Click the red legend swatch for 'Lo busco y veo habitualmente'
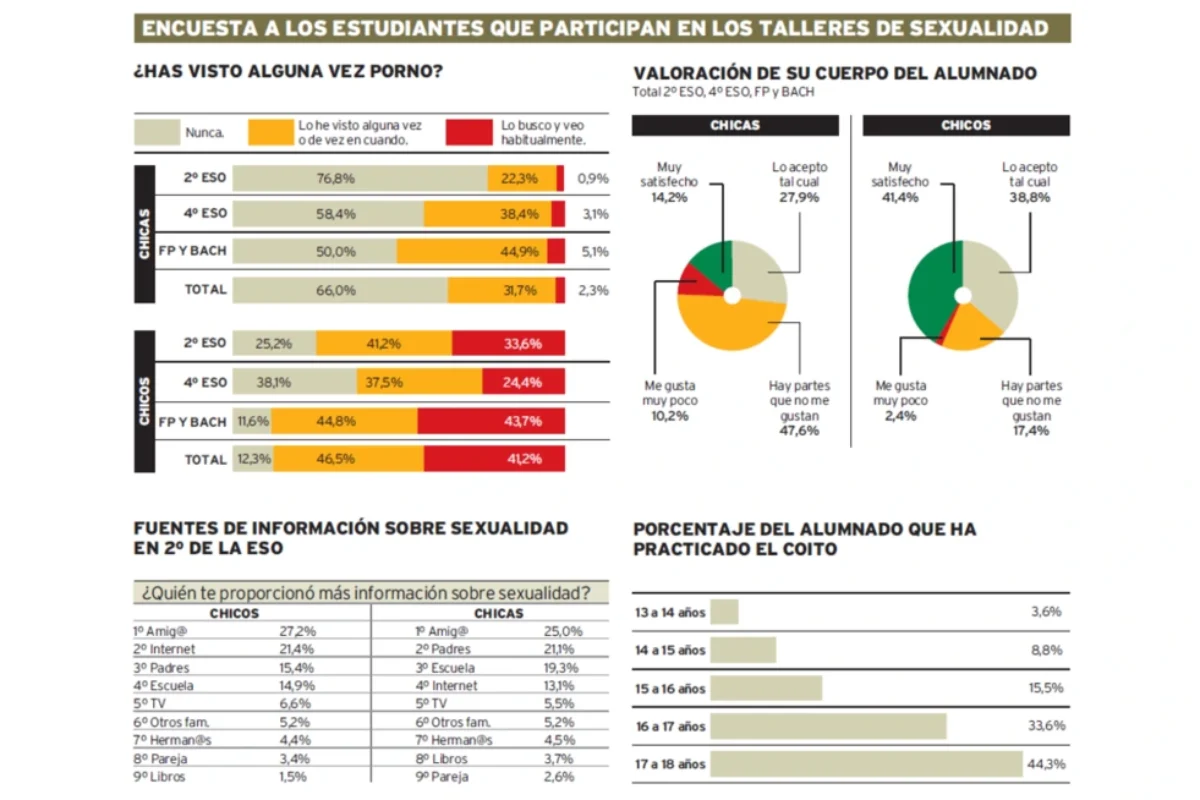(469, 132)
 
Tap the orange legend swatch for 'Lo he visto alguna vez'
(271, 132)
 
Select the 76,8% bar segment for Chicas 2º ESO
(360, 178)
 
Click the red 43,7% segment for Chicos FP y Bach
(491, 421)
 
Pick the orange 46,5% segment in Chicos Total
(349, 459)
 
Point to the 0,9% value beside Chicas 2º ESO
(593, 178)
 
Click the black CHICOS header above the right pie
(966, 125)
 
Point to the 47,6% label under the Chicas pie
(799, 431)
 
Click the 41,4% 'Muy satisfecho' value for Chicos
(900, 198)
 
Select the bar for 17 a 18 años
(866, 764)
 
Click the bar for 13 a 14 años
(724, 612)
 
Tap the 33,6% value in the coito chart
(1047, 726)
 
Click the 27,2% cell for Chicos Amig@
(297, 631)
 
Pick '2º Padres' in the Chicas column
(443, 649)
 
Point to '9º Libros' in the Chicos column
(160, 777)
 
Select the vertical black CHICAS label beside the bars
(145, 234)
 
